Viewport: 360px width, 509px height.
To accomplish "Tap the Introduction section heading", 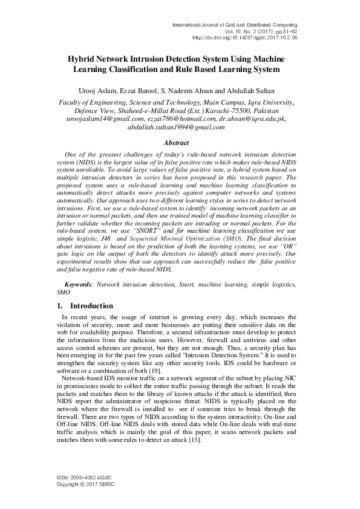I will [91, 306].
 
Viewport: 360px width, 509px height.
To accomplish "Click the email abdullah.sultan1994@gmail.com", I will [180, 128].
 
